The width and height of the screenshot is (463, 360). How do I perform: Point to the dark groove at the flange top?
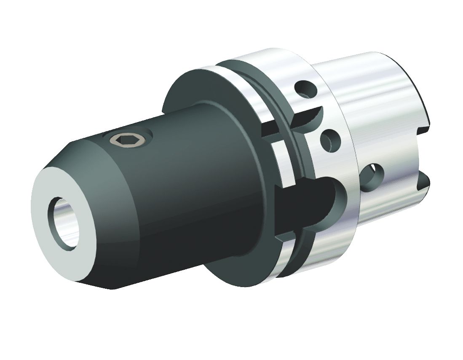[x=253, y=76]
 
